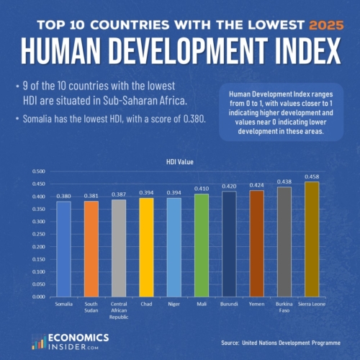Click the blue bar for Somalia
[x=64, y=248]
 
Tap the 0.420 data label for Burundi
[x=229, y=186]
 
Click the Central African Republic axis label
[x=120, y=310]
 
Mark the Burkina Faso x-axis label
[x=284, y=307]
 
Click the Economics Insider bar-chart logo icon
[x=37, y=341]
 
